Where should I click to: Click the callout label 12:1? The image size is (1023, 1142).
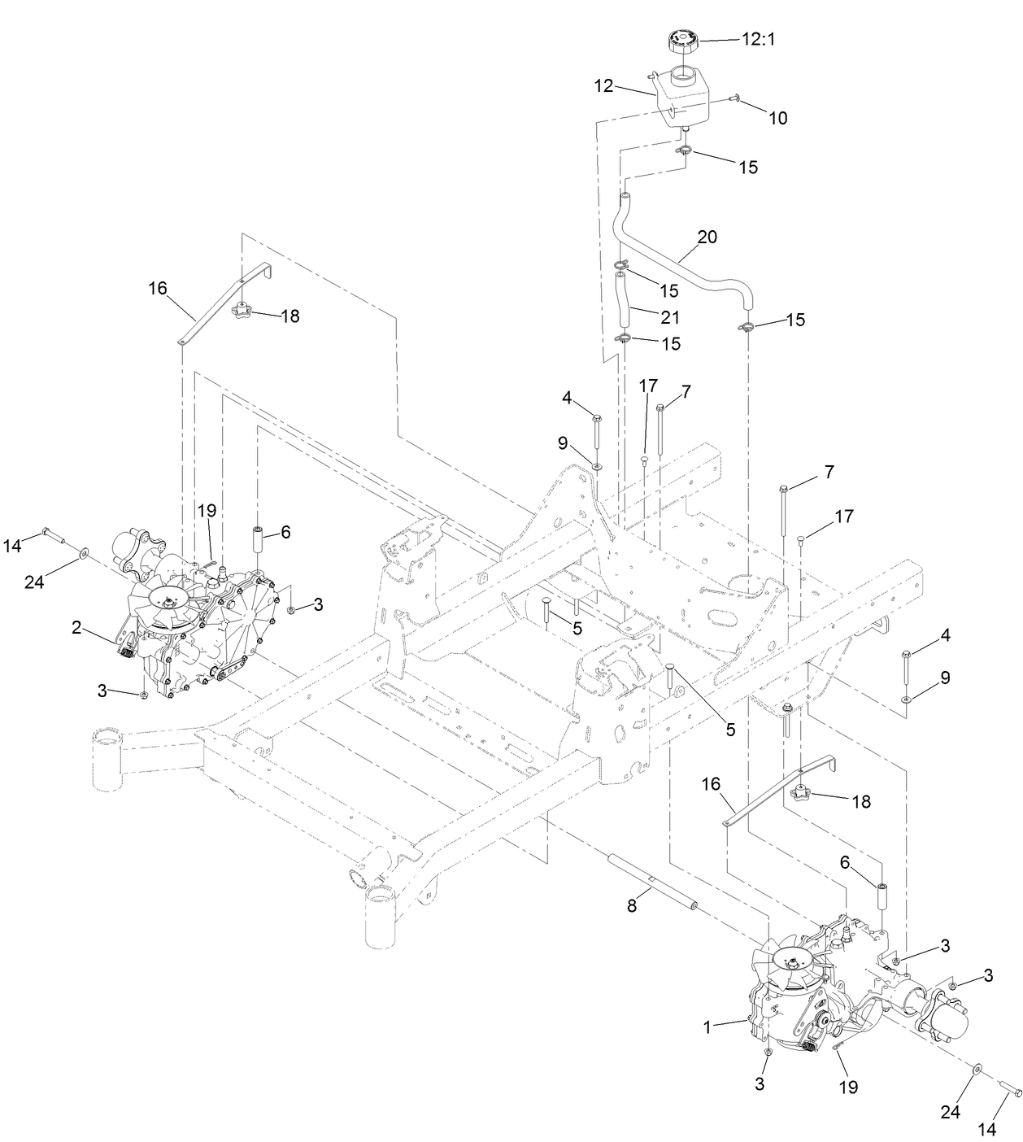759,38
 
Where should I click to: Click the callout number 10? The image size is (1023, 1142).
777,118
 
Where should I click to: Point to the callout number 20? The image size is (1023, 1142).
707,237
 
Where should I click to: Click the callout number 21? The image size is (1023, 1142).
671,317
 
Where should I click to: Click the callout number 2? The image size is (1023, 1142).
76,627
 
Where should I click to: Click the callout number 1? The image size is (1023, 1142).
707,1027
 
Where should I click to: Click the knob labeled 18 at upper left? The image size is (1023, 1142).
242,310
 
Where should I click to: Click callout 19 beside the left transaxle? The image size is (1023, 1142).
207,511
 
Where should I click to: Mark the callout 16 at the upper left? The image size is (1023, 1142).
157,287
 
